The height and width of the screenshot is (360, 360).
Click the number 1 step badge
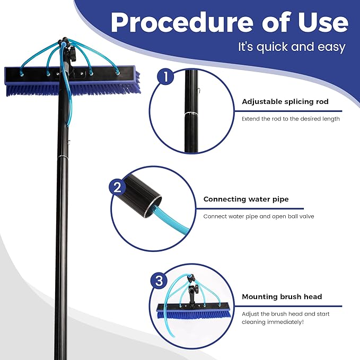tap(166, 77)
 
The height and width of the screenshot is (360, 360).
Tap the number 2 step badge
tap(118, 187)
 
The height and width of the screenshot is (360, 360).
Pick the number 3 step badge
tap(157, 282)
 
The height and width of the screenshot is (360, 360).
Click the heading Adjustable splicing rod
tap(285, 101)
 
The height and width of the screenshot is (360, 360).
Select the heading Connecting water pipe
tap(246, 199)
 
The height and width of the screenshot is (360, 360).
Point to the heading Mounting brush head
tap(282, 296)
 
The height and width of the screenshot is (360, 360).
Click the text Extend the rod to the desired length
tap(291, 119)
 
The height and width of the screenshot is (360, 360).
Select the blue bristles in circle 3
tap(194, 314)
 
